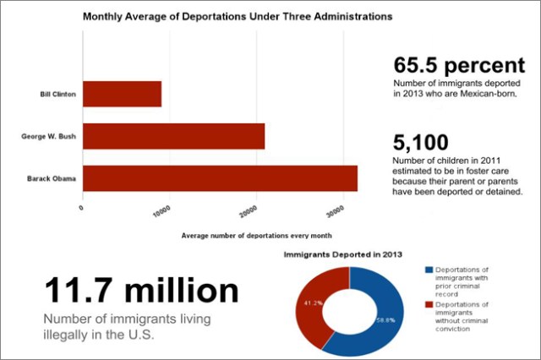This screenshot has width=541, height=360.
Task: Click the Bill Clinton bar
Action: click(x=122, y=93)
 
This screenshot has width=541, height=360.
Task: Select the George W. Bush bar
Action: click(x=173, y=135)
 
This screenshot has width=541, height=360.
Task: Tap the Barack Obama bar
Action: click(x=220, y=178)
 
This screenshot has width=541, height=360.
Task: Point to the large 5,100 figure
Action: click(x=420, y=144)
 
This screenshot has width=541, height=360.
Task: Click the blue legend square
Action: click(x=428, y=270)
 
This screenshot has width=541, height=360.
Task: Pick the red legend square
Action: click(x=428, y=304)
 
